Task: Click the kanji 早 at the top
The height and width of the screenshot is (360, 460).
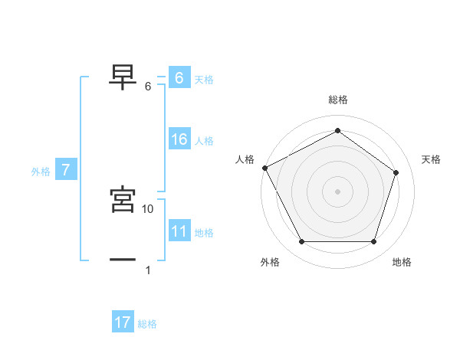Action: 123,76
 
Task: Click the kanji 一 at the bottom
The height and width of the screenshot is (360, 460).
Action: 123,260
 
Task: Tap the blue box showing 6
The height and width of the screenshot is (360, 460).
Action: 179,78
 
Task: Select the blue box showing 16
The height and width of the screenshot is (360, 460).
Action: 179,139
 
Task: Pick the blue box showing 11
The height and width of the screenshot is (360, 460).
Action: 179,231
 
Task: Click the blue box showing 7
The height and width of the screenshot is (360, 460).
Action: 66,170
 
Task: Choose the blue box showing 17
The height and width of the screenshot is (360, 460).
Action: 123,322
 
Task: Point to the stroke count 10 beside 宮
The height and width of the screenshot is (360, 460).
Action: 148,208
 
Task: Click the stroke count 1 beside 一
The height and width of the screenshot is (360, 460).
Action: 148,270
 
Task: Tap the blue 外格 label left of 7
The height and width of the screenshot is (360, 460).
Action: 41,172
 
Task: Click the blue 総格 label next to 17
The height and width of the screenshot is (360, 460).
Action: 147,324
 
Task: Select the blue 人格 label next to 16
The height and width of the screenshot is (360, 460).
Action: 204,141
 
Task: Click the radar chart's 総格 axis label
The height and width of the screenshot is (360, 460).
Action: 338,100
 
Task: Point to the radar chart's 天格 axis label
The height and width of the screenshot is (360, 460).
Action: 432,159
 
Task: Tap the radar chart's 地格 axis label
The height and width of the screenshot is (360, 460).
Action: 402,262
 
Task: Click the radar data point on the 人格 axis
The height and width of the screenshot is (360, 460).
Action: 264,168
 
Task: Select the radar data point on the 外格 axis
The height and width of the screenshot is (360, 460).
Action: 301,242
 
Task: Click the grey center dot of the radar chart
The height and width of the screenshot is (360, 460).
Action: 338,191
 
